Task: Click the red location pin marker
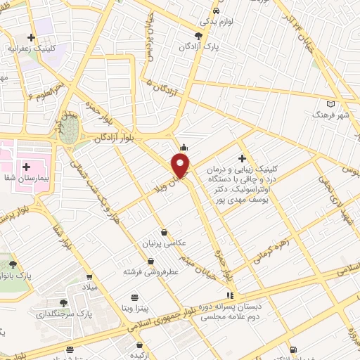tap(181, 166)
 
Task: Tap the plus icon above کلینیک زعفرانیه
tap(31, 37)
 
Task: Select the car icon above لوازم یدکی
tap(216, 11)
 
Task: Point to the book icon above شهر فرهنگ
tap(331, 103)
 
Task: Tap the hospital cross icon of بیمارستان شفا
tap(26, 167)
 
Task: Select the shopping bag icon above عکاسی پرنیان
tap(164, 232)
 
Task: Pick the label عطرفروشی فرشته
tap(143, 271)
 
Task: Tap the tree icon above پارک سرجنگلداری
tap(63, 302)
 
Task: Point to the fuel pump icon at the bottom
tap(293, 349)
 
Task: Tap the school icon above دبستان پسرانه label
tap(228, 295)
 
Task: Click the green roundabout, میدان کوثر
tap(68, 134)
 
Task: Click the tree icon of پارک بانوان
tap(13, 264)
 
